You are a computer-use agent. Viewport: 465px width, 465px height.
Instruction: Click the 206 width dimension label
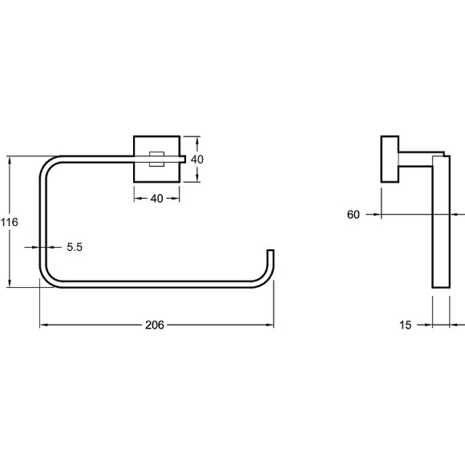(155, 325)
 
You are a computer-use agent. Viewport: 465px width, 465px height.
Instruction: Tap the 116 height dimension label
(9, 222)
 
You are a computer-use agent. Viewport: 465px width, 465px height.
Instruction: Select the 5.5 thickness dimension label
(75, 247)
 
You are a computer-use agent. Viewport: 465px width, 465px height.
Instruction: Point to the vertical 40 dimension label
(197, 160)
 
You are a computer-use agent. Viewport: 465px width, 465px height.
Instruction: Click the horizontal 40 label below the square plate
(156, 198)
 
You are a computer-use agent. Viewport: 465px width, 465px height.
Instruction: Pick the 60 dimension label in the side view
(354, 214)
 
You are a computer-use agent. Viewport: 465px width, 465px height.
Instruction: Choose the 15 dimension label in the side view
(405, 325)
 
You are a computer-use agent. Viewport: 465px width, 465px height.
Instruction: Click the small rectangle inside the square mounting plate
(156, 159)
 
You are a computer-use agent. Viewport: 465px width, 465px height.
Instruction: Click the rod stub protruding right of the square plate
(183, 160)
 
